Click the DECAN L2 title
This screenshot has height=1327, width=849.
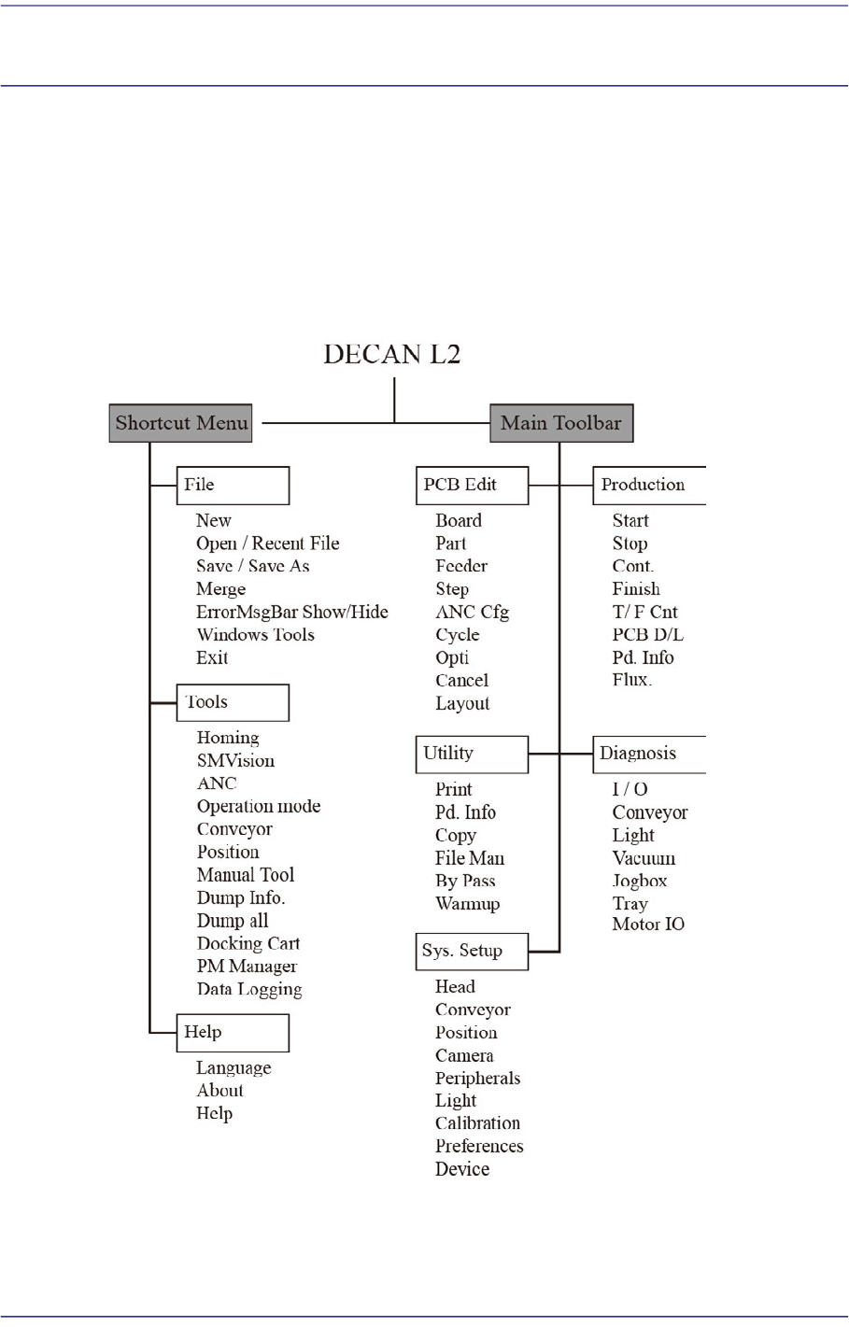(391, 355)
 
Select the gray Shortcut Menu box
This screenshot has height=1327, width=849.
(180, 423)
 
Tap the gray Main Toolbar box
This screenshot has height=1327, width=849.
(560, 423)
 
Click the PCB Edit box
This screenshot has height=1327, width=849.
(472, 486)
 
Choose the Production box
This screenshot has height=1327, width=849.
(648, 486)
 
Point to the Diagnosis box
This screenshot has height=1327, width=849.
(648, 754)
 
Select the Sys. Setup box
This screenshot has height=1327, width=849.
(472, 952)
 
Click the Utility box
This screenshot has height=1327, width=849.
(472, 754)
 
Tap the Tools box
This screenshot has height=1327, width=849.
(233, 702)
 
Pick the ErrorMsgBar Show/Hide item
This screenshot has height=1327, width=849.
(291, 613)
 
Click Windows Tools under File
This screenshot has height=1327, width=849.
(255, 635)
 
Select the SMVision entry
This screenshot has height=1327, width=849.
(235, 761)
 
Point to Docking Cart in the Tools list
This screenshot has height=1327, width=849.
(248, 944)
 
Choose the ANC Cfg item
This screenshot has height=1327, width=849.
(472, 613)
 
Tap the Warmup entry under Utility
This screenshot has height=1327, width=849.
(467, 904)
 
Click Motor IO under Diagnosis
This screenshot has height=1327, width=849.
(648, 925)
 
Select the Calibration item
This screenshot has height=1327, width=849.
(477, 1123)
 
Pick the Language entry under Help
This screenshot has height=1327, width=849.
(233, 1068)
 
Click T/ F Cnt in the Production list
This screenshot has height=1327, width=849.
(644, 613)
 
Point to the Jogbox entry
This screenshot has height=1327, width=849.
(640, 882)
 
